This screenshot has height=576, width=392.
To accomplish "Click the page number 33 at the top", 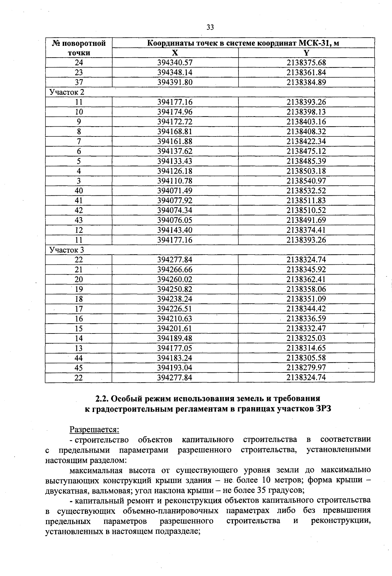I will (210, 27).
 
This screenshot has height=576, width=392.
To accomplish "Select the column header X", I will (175, 53).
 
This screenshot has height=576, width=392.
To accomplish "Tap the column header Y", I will (306, 53).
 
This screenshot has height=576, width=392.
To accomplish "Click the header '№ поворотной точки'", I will (79, 48).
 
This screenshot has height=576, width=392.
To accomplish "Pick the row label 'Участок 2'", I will (67, 92).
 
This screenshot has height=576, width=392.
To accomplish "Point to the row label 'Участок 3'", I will (67, 250).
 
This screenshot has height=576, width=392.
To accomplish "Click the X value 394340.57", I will (175, 63).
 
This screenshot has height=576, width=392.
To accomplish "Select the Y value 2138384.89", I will (306, 82).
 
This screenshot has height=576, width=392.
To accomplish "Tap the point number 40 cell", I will (79, 191).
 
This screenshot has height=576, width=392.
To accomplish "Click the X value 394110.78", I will (175, 181).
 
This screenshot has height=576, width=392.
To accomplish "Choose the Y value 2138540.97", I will (306, 181).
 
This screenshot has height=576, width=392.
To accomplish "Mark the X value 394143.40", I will (175, 230).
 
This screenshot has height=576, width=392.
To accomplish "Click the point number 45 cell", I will (79, 368).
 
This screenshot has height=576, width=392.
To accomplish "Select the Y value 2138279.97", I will (306, 368).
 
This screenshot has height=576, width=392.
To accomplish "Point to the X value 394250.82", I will (175, 289).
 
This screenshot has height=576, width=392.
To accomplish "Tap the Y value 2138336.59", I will (306, 319).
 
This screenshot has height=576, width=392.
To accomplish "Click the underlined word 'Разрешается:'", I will (94, 429).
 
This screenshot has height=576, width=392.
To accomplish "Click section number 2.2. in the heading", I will (102, 399).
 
